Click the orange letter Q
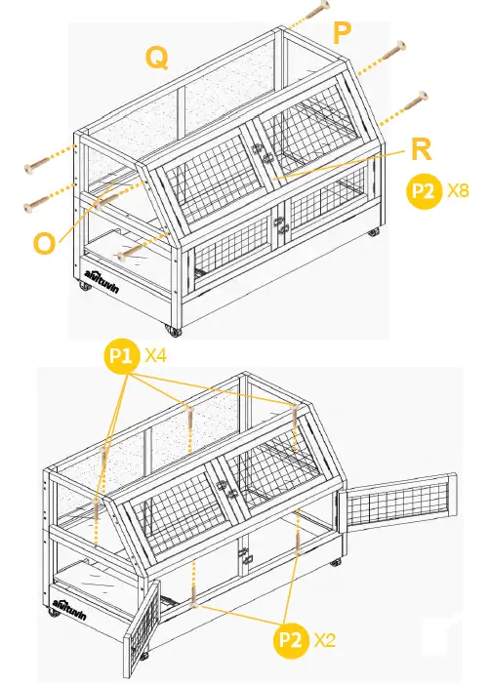point(156,58)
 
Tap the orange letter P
point(343,33)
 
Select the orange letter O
point(44,242)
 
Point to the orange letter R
point(422,149)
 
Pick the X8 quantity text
point(458,191)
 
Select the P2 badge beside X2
point(290,640)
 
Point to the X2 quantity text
point(325,640)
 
